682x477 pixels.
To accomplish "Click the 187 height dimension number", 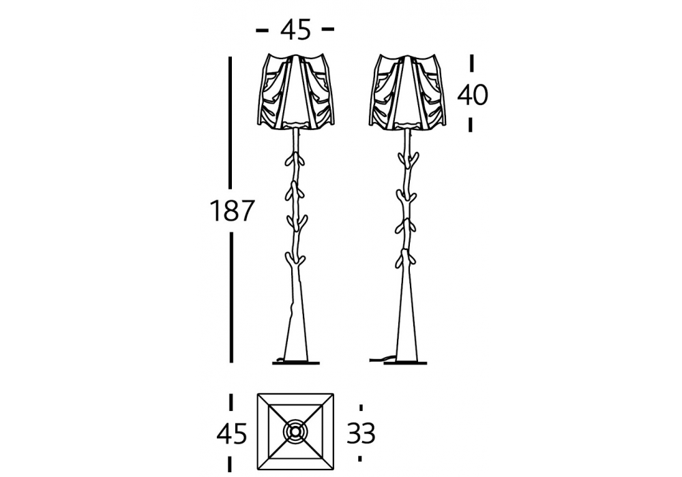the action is click(231, 211).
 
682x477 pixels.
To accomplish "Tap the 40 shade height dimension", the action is click(473, 95).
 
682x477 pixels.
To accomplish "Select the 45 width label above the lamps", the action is click(296, 30).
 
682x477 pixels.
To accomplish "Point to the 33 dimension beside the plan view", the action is click(361, 433).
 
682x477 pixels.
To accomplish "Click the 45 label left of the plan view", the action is click(232, 433).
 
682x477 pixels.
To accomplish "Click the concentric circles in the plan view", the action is click(295, 432).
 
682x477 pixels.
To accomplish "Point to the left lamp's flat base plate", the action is click(296, 363).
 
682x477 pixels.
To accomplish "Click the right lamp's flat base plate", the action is click(405, 363).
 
